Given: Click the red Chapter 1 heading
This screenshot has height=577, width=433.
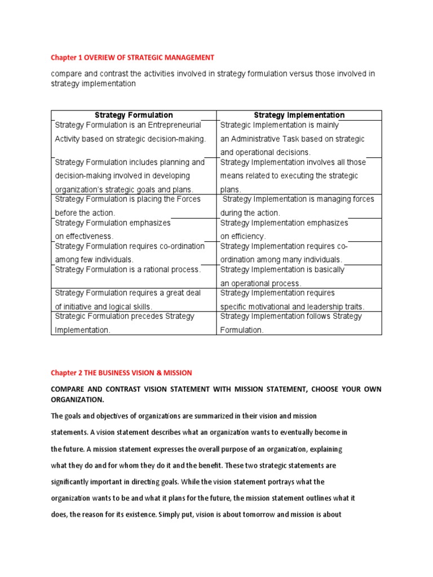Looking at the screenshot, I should click(x=132, y=57).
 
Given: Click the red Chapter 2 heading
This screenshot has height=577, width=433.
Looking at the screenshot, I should click(x=121, y=373).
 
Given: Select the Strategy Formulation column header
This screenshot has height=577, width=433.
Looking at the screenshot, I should click(x=134, y=115).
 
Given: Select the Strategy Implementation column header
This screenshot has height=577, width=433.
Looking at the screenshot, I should click(x=299, y=115).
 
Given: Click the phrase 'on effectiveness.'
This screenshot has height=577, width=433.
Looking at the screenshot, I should click(x=84, y=237).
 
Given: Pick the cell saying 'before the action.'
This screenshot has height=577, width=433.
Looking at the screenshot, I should click(x=85, y=213).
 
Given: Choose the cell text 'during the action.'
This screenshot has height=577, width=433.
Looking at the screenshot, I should click(x=250, y=213).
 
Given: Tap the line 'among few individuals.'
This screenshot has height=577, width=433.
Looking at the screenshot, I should click(x=94, y=260).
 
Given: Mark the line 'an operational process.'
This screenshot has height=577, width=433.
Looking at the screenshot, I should click(x=260, y=283).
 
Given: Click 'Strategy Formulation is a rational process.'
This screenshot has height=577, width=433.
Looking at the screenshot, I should click(x=128, y=269).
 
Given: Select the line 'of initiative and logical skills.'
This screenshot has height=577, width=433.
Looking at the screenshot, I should click(x=104, y=307).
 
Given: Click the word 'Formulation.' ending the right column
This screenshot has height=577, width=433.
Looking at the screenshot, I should click(x=242, y=330).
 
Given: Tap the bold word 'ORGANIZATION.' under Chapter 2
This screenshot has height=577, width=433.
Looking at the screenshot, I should click(x=77, y=400).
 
